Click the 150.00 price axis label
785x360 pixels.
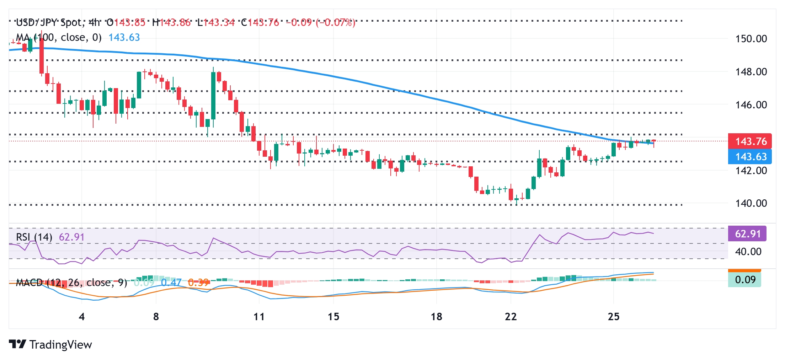coord(751,39)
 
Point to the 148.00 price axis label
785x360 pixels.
coord(751,72)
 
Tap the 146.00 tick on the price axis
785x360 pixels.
coord(751,105)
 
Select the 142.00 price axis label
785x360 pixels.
coord(751,171)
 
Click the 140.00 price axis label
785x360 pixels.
coord(751,203)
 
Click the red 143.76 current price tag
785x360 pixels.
coord(750,141)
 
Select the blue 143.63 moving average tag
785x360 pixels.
coord(750,157)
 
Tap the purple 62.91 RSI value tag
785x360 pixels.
coord(747,234)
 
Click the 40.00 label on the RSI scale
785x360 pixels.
coord(748,252)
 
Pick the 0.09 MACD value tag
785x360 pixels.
coord(745,280)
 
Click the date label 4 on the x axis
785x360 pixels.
coord(82,317)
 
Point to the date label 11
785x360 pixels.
coord(259,317)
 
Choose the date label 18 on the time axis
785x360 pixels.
coord(436,317)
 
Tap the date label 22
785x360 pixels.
coord(511,317)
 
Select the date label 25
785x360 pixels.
coord(614,317)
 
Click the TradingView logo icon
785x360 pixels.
coord(17,344)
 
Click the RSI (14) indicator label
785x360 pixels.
coord(34,237)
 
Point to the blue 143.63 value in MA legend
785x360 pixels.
coord(124,38)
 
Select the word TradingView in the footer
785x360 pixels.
coord(61,345)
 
